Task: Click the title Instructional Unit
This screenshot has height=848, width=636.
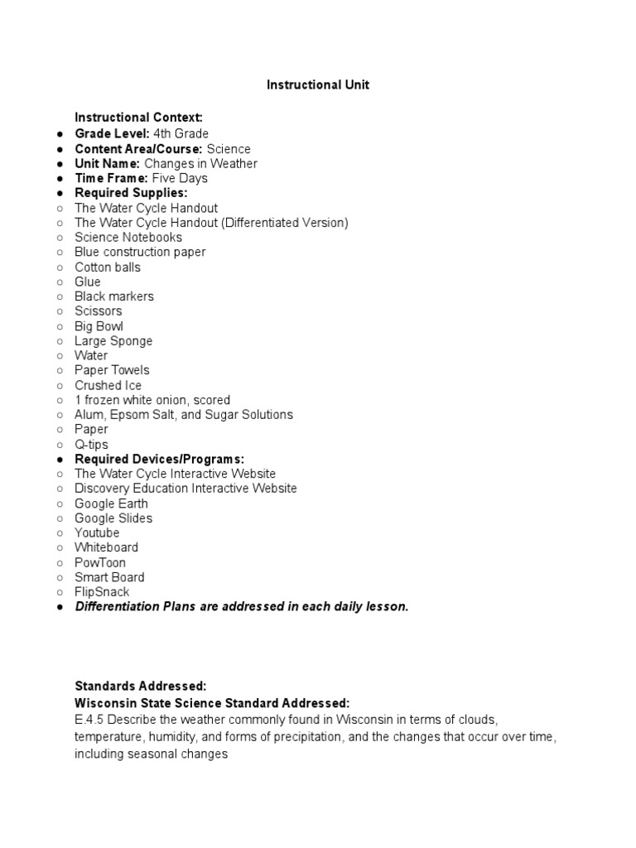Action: click(x=317, y=85)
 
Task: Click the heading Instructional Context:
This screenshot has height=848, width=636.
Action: click(x=138, y=118)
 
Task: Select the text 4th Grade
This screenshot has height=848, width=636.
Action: click(x=181, y=133)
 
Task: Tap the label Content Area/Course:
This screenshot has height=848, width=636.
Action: click(x=138, y=148)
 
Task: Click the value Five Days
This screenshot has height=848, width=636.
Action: click(x=180, y=178)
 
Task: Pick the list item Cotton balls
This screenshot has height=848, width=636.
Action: click(x=108, y=267)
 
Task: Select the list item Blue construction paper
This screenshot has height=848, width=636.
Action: click(x=140, y=252)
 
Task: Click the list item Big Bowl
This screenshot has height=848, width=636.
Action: click(x=99, y=325)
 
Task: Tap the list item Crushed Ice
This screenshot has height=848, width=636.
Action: click(x=108, y=385)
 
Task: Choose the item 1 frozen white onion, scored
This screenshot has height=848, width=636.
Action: click(x=152, y=400)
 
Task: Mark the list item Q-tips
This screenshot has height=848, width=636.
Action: click(x=91, y=445)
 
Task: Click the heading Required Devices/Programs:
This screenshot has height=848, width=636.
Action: click(x=160, y=459)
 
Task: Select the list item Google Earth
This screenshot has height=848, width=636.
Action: click(x=111, y=503)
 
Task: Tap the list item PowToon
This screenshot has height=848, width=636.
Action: click(x=100, y=562)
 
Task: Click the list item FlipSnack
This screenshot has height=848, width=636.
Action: click(x=102, y=592)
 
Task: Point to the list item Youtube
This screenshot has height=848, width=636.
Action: click(x=97, y=532)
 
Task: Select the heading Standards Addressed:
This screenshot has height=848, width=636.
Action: click(x=140, y=687)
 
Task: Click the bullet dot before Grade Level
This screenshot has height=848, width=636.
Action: click(x=60, y=134)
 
